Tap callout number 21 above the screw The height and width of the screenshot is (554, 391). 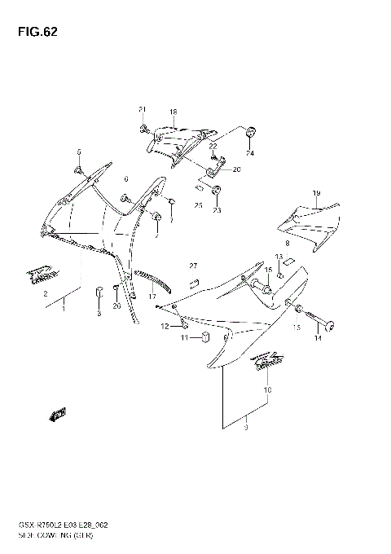click(141, 110)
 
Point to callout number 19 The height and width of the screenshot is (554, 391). click(315, 192)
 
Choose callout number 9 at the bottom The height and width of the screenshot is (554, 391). click(245, 437)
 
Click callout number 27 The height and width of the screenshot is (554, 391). click(193, 266)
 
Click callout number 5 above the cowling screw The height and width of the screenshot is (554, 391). click(79, 152)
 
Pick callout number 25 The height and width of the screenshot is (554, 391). click(198, 205)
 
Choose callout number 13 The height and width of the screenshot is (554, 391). click(278, 257)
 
